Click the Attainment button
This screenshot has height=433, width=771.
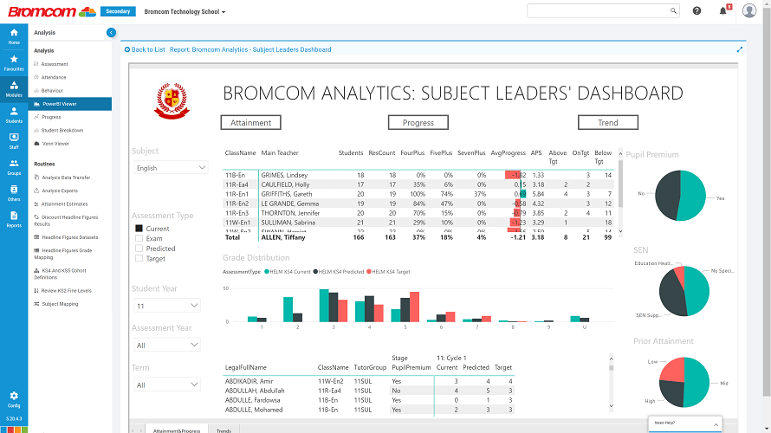251,122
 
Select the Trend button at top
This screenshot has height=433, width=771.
607,122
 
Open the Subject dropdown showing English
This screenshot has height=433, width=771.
169,167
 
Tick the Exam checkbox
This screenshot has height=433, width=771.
139,238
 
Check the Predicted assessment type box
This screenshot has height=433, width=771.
139,249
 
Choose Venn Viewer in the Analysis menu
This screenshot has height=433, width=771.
55,144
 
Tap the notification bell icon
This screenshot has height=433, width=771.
722,10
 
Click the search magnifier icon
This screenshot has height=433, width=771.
674,10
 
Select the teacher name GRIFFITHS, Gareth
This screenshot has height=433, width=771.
284,194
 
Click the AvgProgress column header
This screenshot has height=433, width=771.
508,153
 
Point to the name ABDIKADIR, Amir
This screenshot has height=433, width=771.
249,381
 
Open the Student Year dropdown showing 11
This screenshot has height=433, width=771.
165,305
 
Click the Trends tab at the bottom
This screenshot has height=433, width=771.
224,430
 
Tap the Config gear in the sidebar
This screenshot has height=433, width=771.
14,398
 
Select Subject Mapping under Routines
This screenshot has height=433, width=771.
60,304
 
